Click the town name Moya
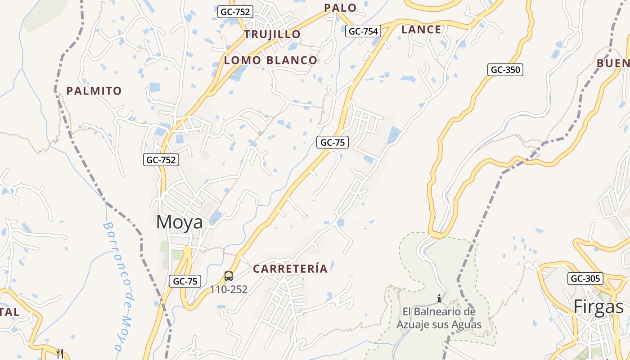(x=179, y=222)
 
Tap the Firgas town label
(x=598, y=307)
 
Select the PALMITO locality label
(x=94, y=91)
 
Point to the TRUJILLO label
(x=272, y=34)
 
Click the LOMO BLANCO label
(x=270, y=60)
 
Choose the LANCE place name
(x=421, y=30)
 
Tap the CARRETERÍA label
(x=290, y=269)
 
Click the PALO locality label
(x=340, y=8)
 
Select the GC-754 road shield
(x=363, y=31)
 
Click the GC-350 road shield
(x=505, y=70)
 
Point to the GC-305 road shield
(x=585, y=279)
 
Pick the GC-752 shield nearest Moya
(x=161, y=159)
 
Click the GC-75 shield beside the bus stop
(x=185, y=282)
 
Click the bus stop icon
(x=229, y=276)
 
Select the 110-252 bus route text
(x=229, y=289)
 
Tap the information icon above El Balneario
(x=439, y=298)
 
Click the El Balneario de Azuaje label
(x=439, y=318)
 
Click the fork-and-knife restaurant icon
(x=60, y=353)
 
